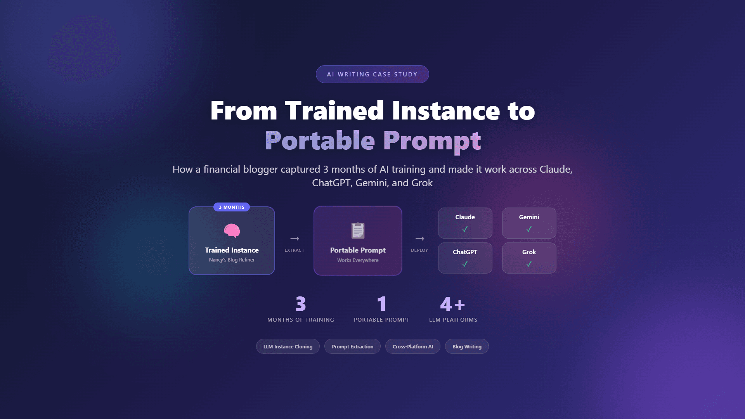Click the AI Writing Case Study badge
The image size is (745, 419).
click(x=372, y=74)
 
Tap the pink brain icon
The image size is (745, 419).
click(x=232, y=230)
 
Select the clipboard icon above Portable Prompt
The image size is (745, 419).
click(x=358, y=230)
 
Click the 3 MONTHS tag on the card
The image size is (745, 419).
click(x=232, y=207)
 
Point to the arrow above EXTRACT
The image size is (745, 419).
click(x=295, y=239)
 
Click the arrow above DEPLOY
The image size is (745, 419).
click(x=419, y=239)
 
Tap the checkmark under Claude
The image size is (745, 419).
click(x=465, y=229)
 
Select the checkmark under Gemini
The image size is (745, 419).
click(x=529, y=229)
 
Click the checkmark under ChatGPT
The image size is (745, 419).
click(x=465, y=264)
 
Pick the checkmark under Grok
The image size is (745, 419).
click(x=529, y=264)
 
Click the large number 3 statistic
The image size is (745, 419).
click(x=301, y=304)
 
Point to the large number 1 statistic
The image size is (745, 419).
click(x=381, y=304)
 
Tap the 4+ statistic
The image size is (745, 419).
click(x=452, y=304)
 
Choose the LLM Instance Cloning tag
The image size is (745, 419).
click(x=288, y=346)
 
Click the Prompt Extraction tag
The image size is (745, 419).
click(x=352, y=346)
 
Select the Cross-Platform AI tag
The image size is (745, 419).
click(x=412, y=346)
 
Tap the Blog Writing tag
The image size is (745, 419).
click(x=467, y=346)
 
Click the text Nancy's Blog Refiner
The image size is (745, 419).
click(x=232, y=260)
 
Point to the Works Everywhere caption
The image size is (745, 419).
click(x=358, y=260)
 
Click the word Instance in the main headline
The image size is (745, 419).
click(x=445, y=111)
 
